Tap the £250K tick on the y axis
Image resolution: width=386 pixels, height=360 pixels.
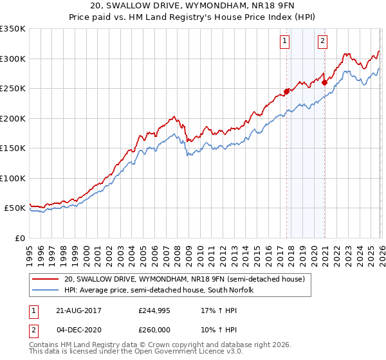pos(13,89)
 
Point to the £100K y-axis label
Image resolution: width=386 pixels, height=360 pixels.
pos(13,179)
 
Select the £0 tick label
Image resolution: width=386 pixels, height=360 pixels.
pos(20,239)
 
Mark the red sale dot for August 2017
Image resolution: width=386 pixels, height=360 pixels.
pos(286,91)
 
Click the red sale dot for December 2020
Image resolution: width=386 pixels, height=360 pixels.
pos(324,82)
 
